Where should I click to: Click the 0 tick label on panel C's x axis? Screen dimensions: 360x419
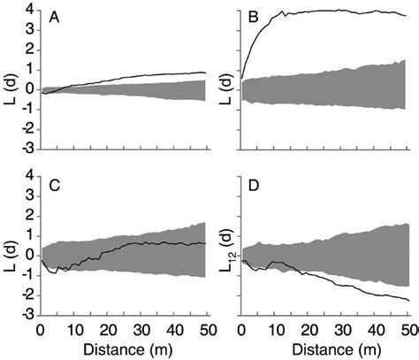41,329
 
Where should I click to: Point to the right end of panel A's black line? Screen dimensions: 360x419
206,73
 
